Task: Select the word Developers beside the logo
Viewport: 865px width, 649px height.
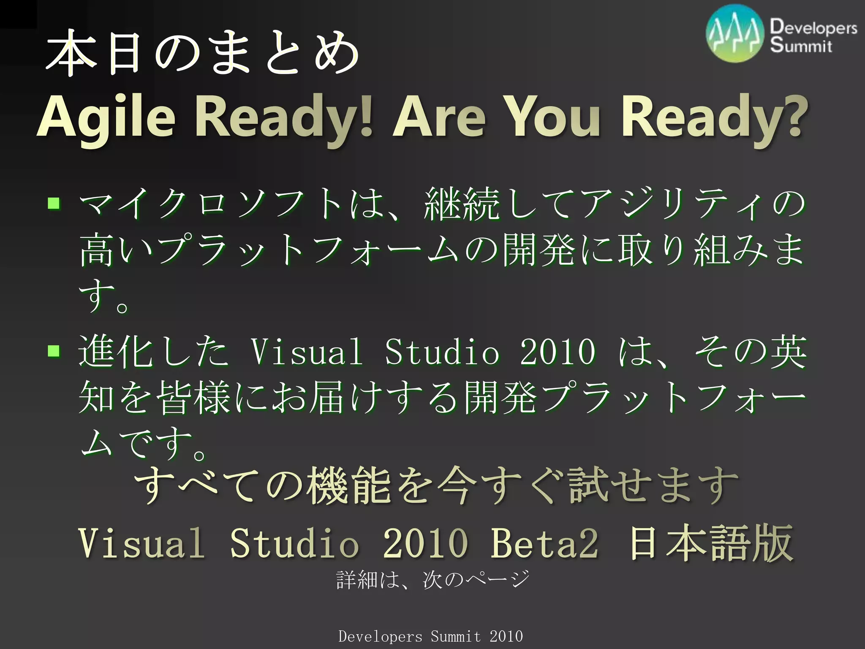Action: point(813,27)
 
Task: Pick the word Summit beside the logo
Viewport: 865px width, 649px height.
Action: point(800,46)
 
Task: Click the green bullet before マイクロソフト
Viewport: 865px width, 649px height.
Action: point(54,204)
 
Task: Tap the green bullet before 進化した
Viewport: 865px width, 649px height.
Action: point(54,351)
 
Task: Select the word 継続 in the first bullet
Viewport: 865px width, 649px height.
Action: point(462,205)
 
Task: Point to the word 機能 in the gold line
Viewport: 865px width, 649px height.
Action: point(349,486)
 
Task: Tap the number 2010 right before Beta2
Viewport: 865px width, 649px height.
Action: point(425,543)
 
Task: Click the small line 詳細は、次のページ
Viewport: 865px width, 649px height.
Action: point(432,580)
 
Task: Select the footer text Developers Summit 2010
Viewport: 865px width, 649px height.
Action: point(431,636)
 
